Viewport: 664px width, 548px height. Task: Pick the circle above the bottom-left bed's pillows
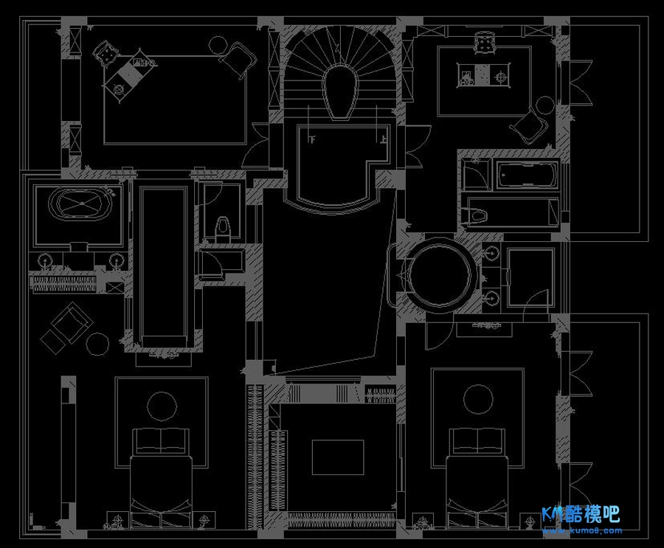[x=162, y=406]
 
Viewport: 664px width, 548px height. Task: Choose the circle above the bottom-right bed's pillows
[x=477, y=399]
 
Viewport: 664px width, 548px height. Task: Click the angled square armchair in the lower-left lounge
[x=72, y=322]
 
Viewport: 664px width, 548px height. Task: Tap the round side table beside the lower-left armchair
[x=97, y=343]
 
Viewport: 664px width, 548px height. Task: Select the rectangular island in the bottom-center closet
[x=338, y=457]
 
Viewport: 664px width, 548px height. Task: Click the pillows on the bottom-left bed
[x=161, y=442]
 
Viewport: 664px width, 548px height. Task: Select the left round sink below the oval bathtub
[x=46, y=260]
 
